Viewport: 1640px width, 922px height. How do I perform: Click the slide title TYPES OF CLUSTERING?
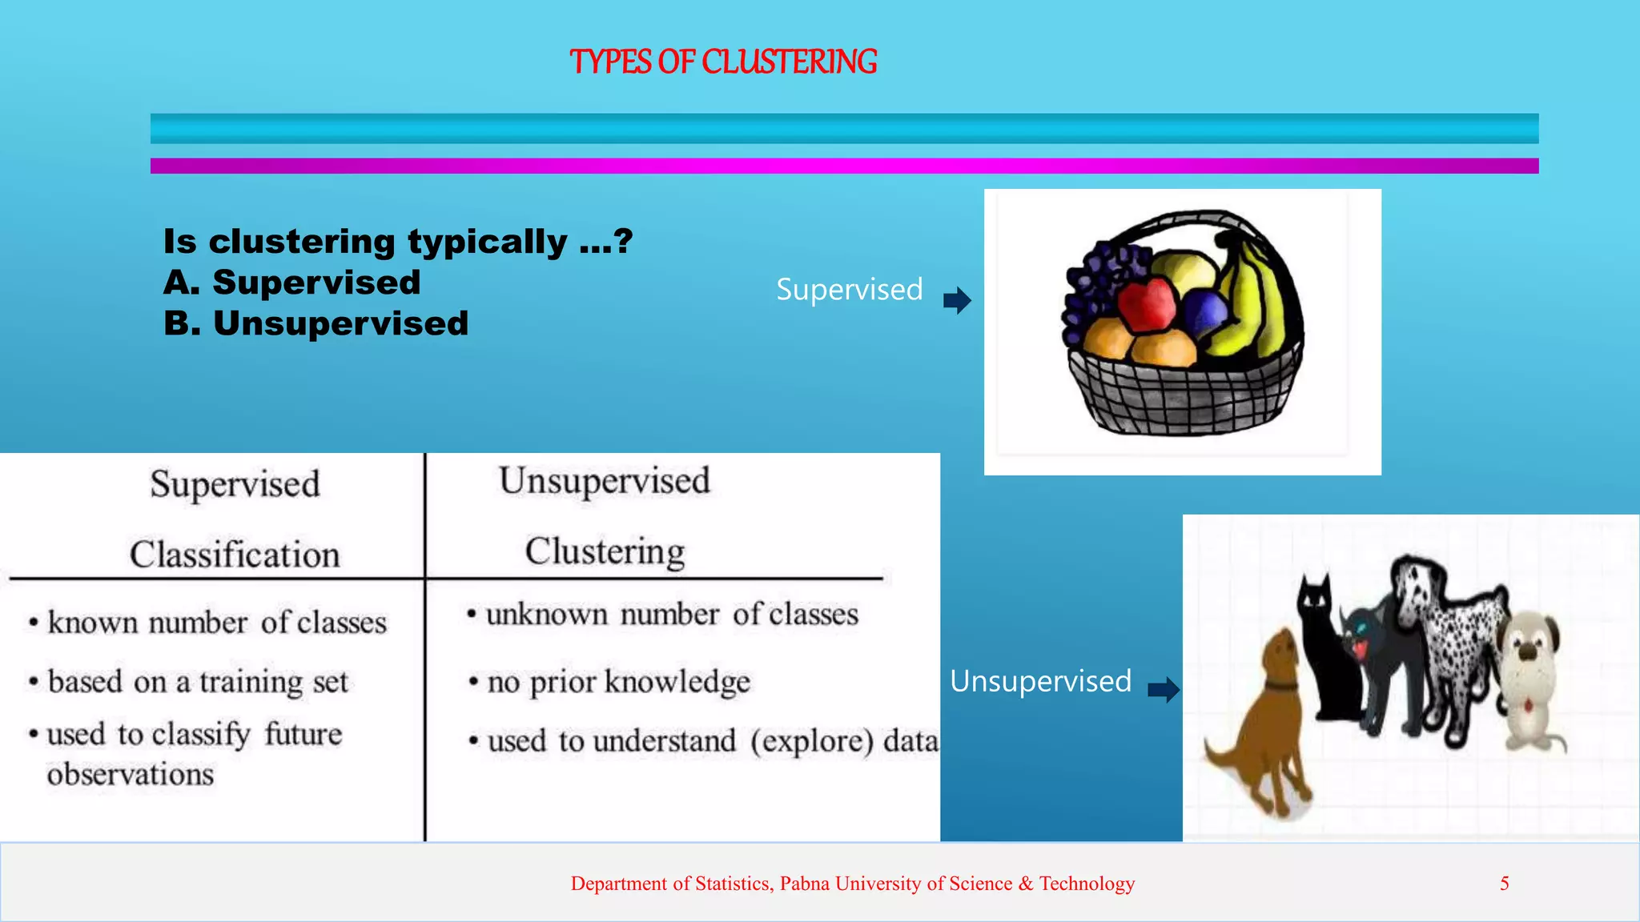click(x=723, y=62)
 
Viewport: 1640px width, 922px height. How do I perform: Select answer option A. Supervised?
click(x=292, y=283)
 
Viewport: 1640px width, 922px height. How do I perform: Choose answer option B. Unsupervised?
click(x=316, y=323)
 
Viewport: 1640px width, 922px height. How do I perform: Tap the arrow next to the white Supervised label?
click(x=957, y=300)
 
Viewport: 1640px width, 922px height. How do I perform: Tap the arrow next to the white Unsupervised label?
click(x=1164, y=689)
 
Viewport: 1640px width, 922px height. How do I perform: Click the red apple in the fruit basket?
click(x=1147, y=304)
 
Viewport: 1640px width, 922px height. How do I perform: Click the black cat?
click(x=1325, y=648)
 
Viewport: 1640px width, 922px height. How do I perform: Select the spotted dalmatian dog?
click(x=1449, y=632)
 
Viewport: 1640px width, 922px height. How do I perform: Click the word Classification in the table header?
click(x=235, y=554)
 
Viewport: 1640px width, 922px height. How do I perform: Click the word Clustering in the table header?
click(x=605, y=551)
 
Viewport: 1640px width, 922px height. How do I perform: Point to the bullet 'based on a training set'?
click(x=198, y=682)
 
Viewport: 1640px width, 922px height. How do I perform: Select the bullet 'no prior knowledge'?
click(x=618, y=682)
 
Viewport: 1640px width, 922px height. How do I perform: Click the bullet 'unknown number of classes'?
click(x=671, y=615)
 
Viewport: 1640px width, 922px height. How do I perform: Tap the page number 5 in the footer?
click(x=1504, y=884)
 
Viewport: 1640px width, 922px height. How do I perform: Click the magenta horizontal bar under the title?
click(x=844, y=166)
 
